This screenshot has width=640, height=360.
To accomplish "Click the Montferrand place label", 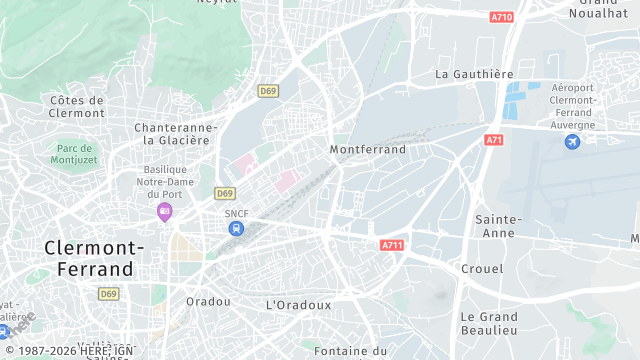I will point(368,149).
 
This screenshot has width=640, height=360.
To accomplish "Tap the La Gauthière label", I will point(474,74).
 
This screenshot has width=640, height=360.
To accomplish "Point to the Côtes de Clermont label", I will point(76,106).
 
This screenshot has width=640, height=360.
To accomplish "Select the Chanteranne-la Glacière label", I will point(176,134).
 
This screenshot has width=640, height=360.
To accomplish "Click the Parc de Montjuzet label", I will point(75,154).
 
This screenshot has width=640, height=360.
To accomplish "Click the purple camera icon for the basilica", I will point(165,211).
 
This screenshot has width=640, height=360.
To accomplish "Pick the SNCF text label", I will point(236,213).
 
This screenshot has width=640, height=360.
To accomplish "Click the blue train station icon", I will point(236,229).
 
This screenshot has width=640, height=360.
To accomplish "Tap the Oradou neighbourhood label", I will point(209,301).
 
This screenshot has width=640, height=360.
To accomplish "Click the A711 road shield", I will point(392,245).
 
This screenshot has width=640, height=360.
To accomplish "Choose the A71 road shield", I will point(493,141).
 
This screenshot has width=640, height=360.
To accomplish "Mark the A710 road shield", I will point(502,17).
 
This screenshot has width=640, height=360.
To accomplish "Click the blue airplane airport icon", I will point(572,143).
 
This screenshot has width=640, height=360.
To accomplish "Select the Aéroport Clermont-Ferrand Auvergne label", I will point(573,106).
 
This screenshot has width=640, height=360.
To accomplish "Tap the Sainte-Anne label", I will point(498,225).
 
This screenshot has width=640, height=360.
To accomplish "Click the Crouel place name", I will point(482,269).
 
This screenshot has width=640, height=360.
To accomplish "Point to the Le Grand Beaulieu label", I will point(488,323).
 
